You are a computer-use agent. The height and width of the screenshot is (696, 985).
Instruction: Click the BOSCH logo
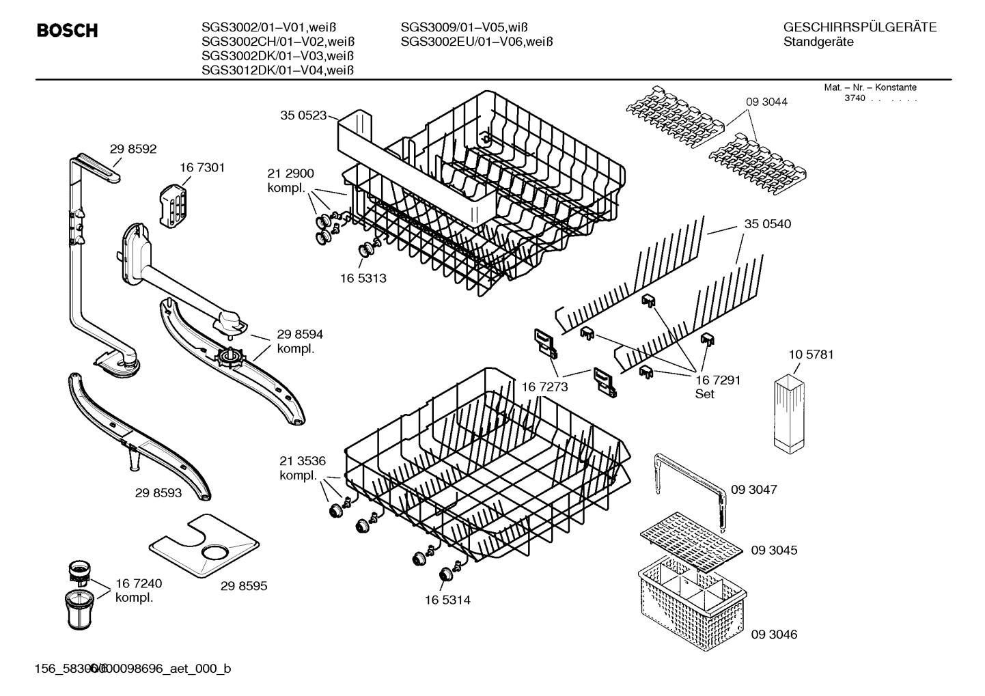pos(67,31)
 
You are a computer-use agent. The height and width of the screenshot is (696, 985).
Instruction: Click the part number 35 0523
pos(303,115)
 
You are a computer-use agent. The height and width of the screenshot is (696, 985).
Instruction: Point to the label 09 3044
pos(766,102)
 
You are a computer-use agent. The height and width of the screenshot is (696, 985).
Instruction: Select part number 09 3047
pos(754,490)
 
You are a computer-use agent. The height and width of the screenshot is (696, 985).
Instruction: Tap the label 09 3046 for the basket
pos(774,635)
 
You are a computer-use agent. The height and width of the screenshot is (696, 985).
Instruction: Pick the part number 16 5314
pos(447,600)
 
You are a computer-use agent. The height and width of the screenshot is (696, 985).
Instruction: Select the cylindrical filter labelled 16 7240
pos(81,608)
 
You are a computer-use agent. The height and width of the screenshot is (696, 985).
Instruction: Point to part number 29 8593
pos(158,492)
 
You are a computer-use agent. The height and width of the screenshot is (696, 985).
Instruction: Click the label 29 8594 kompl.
pos(300,341)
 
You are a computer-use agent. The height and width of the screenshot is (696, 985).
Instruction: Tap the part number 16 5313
pos(363,278)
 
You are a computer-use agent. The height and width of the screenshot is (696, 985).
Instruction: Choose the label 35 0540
pos(768,224)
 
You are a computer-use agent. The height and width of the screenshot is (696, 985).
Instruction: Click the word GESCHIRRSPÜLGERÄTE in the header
pos(859,28)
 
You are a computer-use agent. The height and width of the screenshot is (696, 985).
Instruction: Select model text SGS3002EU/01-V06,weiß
pos(476,42)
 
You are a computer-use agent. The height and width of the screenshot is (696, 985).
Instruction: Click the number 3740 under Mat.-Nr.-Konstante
pos(854,98)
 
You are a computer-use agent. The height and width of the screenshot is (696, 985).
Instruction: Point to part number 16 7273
pos(544,387)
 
